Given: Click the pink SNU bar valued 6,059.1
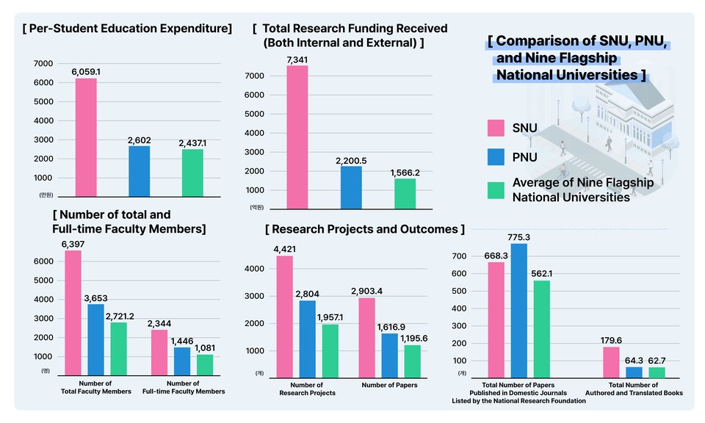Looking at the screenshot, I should (86, 137).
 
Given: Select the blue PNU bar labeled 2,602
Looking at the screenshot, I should (139, 171).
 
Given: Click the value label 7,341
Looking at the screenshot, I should (297, 59).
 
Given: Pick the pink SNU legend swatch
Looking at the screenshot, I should (496, 128).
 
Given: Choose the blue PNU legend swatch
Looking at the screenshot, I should (496, 157).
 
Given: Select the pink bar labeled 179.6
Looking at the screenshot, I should (611, 362).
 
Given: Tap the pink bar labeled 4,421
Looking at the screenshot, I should (284, 317).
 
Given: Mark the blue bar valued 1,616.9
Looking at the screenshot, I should (389, 355).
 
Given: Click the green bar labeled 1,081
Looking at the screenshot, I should (205, 365).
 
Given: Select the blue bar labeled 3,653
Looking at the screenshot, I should (96, 340).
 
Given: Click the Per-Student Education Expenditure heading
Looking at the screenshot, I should (127, 29).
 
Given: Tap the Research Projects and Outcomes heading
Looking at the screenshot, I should (365, 229).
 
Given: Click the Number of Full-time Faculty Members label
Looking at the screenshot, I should (183, 388).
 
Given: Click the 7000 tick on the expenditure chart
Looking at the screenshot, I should (43, 64).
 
